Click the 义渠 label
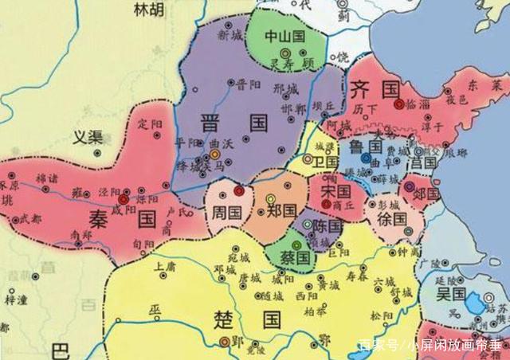pyautogui.click(x=89, y=136)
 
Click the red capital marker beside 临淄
pyautogui.click(x=398, y=104)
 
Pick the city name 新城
pyautogui.click(x=229, y=36)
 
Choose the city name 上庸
pyautogui.click(x=165, y=267)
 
